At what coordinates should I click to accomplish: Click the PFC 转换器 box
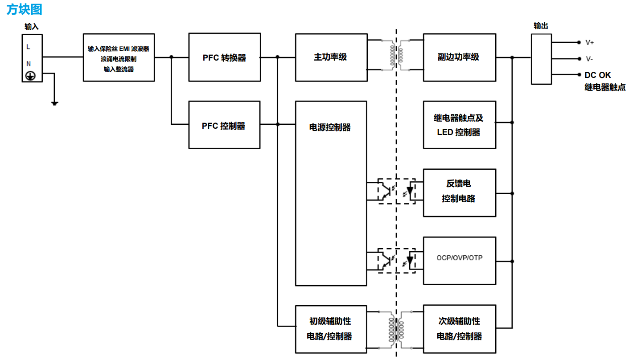[224, 57]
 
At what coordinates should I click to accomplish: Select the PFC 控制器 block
[224, 125]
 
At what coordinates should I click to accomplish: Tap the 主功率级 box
[331, 57]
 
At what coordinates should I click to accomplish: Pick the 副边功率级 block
[459, 57]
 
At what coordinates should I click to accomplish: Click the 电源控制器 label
[330, 127]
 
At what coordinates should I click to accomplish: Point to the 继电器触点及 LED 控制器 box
[459, 125]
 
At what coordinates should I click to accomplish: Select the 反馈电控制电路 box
[459, 192]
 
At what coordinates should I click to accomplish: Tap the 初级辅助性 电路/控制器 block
[330, 329]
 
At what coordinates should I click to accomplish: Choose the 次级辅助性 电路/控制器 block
[459, 329]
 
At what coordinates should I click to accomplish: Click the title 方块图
[24, 9]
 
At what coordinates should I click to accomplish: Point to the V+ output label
[590, 42]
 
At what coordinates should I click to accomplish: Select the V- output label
[589, 59]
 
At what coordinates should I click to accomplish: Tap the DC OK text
[598, 75]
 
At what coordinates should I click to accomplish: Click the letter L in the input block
[29, 47]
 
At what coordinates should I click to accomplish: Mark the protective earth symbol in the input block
[30, 76]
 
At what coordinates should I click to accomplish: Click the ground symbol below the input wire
[54, 103]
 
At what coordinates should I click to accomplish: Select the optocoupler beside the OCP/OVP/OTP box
[396, 261]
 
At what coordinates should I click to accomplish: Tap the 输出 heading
[541, 26]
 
